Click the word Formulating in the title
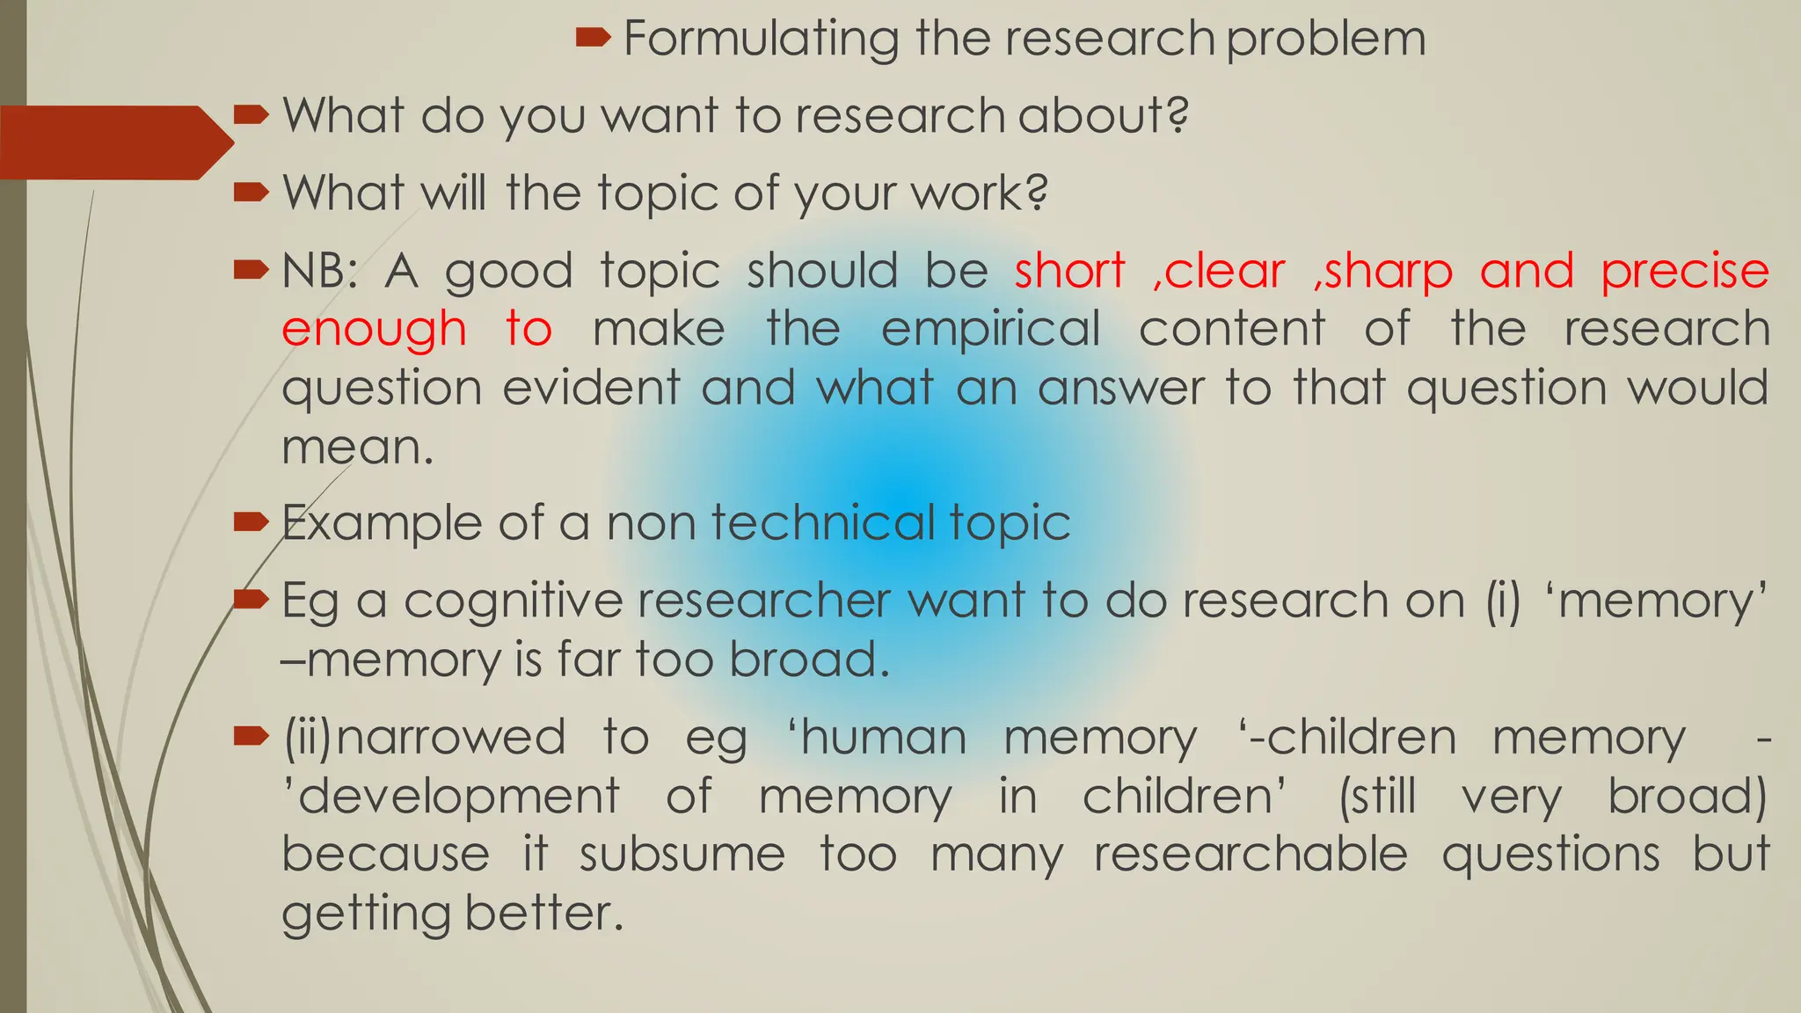click(762, 40)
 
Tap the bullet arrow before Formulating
click(594, 37)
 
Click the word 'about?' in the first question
click(1104, 115)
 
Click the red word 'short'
click(1069, 271)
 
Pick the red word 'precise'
click(1684, 271)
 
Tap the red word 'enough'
click(374, 330)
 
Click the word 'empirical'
click(990, 330)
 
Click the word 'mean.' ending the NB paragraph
click(357, 448)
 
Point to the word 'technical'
click(822, 523)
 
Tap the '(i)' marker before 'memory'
click(1503, 601)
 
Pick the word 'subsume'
click(682, 855)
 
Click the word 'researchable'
click(1250, 855)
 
